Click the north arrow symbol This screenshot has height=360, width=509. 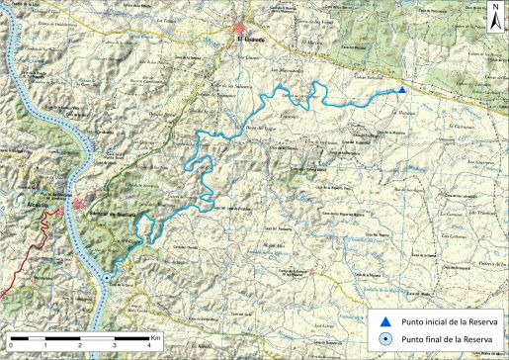point(493,20)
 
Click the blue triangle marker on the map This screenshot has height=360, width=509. point(402,91)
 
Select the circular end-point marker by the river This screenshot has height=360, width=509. point(107,279)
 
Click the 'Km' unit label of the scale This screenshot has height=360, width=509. point(155,337)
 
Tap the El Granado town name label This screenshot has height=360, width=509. point(252,40)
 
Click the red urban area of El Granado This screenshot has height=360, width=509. point(243,29)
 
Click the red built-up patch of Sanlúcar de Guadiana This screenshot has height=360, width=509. point(79,205)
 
